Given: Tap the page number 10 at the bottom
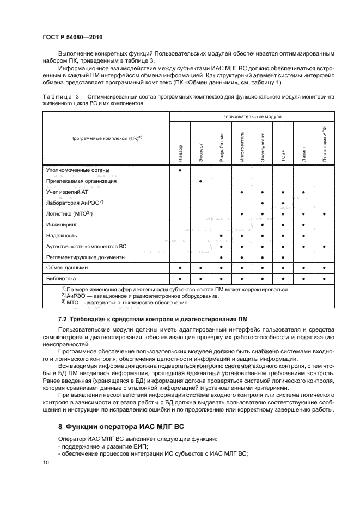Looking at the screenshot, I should pos(45,462).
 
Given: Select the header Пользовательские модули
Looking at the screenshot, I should pos(252,116).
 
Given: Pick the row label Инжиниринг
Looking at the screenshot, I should pos(62,224).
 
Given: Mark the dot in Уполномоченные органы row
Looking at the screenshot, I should pos(180,170).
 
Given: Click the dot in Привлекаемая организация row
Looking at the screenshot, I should pos(200,181).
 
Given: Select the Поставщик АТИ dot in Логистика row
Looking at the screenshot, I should pos(324,214).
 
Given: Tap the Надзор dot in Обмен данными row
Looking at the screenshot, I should pos(180,268).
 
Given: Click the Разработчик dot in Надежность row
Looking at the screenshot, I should pos(221,235).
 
